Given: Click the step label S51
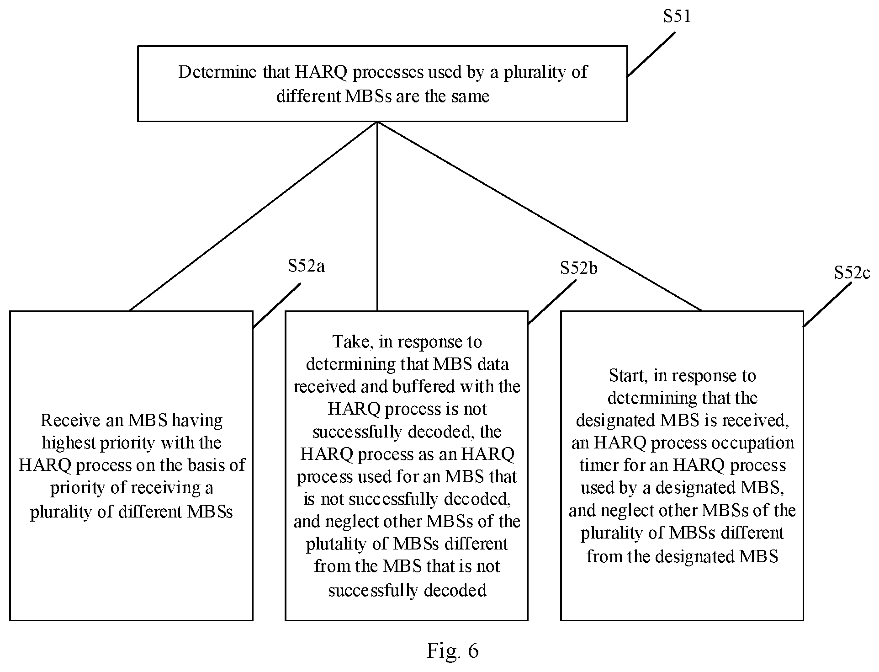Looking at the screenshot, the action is pos(677,16).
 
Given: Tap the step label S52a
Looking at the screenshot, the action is pos(306,266).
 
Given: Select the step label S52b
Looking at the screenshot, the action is pos(579,268).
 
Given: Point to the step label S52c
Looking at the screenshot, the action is pos(852,273).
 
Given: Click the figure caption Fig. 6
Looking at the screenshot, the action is pos(453,650).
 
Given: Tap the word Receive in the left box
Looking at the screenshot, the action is pos(70,420).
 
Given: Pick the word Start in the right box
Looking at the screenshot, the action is pos(629,376).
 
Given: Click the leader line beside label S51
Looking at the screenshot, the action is pos(651,54).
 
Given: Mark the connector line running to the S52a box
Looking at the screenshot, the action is pos(253,216).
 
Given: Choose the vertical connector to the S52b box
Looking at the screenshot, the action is pos(377,216).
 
